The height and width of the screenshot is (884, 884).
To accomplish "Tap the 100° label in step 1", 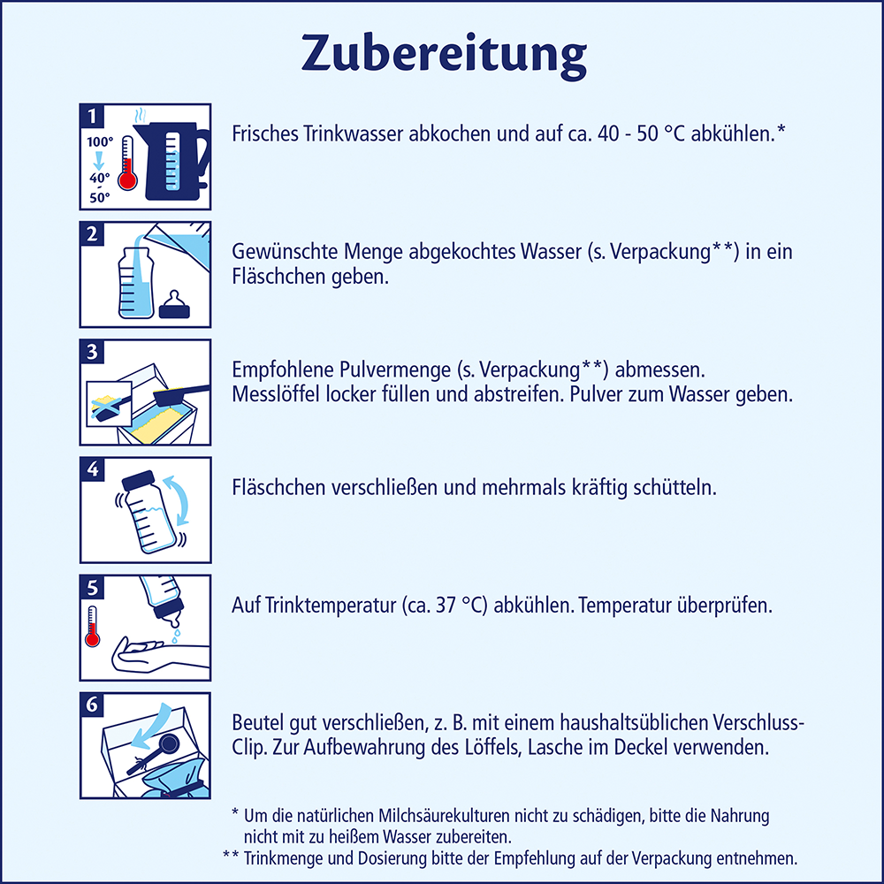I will (99, 141).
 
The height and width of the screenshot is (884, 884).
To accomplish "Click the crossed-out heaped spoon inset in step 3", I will (107, 402).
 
